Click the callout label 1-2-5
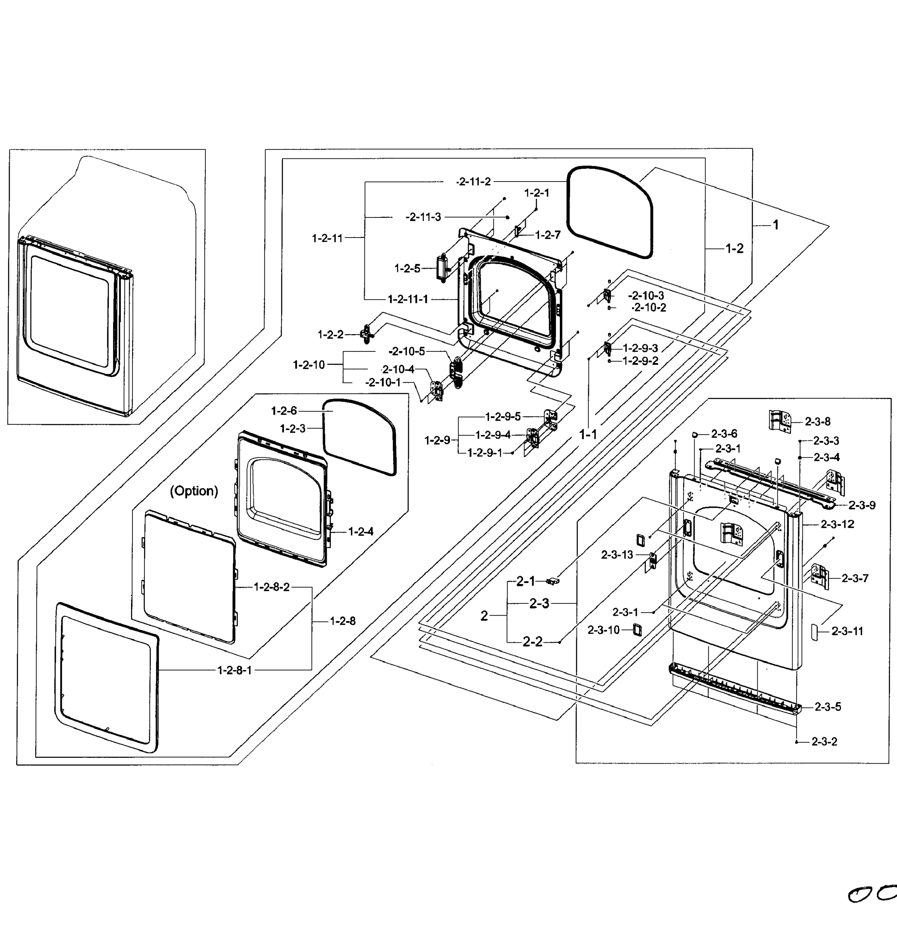(x=407, y=269)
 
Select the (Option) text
(x=194, y=491)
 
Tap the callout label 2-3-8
(x=817, y=421)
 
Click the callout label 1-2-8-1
(x=234, y=670)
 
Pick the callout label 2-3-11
(x=847, y=631)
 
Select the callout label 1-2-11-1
(x=408, y=299)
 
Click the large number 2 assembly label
(x=484, y=616)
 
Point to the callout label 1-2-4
(x=361, y=531)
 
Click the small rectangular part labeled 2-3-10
(x=638, y=630)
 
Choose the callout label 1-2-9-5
(x=503, y=416)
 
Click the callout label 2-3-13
(x=617, y=555)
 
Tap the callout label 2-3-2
(x=824, y=742)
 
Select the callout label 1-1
(x=588, y=434)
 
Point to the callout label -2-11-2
(x=473, y=182)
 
